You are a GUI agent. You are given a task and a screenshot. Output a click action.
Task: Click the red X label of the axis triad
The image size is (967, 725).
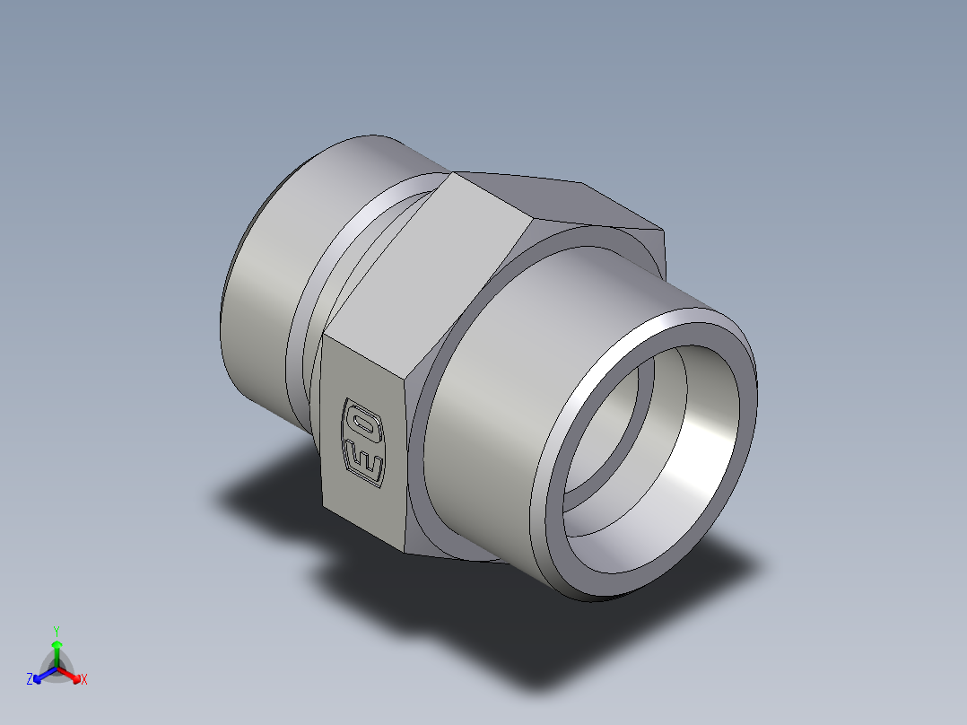tap(84, 680)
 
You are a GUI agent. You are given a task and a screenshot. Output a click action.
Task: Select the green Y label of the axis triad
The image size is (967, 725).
tap(56, 631)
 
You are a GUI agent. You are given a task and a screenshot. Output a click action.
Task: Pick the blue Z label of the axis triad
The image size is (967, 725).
tap(30, 680)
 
